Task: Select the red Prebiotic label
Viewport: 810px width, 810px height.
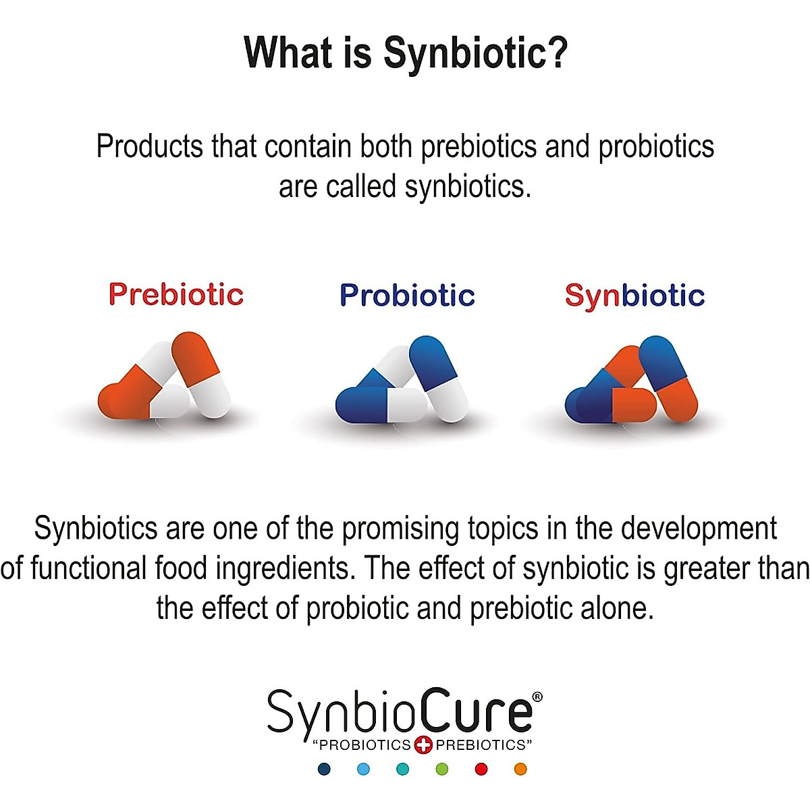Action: (x=175, y=294)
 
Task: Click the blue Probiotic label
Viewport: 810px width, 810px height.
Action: (x=407, y=296)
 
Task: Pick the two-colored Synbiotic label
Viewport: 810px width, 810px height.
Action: (x=634, y=296)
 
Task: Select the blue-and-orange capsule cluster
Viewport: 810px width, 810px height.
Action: (x=632, y=381)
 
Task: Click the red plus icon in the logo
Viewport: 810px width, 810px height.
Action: (x=423, y=745)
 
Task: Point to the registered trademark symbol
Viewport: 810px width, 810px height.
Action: (x=537, y=697)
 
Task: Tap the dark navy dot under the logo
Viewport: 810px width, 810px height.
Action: (x=325, y=769)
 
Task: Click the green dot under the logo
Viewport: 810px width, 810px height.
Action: (x=442, y=769)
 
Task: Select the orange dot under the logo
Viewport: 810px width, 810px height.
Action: (x=520, y=769)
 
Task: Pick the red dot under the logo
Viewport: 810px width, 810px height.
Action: (x=481, y=769)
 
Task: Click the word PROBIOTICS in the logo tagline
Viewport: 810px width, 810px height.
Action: (x=364, y=745)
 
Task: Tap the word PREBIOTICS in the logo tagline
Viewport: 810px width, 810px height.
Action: (x=481, y=745)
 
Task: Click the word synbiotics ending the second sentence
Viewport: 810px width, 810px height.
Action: (x=466, y=187)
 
